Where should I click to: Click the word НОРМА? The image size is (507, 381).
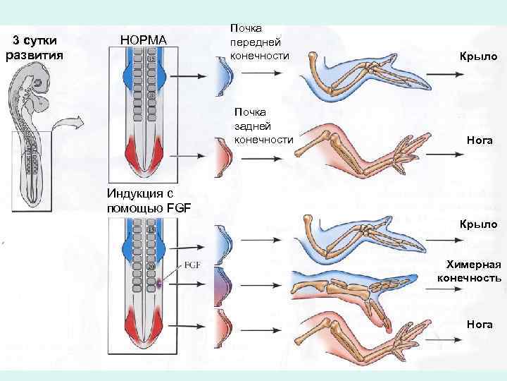pos(144,40)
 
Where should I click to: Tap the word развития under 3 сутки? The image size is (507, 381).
pos(35,55)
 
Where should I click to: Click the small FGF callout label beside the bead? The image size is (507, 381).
pos(194,266)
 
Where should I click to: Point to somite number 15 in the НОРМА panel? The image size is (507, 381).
pos(151,58)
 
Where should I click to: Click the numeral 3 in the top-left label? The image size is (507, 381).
pos(18,41)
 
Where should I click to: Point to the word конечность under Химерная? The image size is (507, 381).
pos(469,278)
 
